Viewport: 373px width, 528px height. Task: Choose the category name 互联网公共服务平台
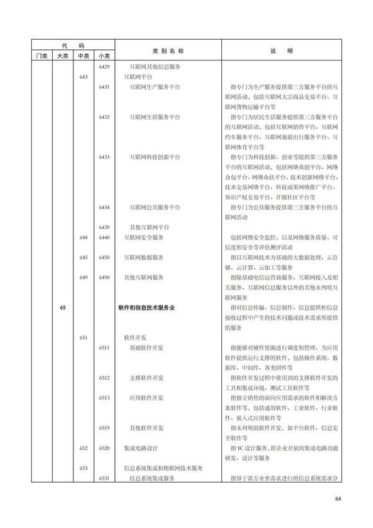tap(155, 207)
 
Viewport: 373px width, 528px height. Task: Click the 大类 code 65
tap(63, 308)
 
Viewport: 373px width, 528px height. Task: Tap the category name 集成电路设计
tap(144, 448)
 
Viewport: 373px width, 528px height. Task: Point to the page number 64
tap(338, 499)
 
